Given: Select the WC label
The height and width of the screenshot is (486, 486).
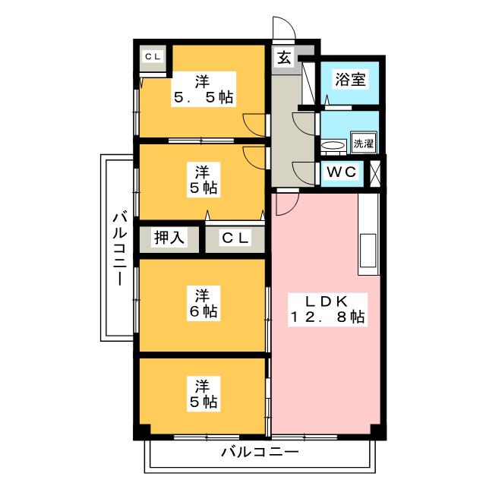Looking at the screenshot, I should pyautogui.click(x=341, y=172).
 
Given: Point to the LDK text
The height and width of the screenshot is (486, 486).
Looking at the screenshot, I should pyautogui.click(x=327, y=300).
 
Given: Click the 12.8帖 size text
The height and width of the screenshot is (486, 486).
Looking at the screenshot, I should pyautogui.click(x=327, y=318).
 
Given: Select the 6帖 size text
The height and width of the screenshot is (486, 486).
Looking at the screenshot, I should pyautogui.click(x=201, y=311).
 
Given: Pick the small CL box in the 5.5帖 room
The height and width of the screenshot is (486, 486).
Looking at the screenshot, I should pyautogui.click(x=153, y=56).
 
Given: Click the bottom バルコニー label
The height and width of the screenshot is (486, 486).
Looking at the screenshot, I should pyautogui.click(x=260, y=453).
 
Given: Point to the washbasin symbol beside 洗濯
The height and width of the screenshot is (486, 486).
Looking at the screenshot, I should pyautogui.click(x=332, y=144).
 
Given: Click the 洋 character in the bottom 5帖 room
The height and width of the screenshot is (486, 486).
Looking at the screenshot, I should pyautogui.click(x=201, y=383).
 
